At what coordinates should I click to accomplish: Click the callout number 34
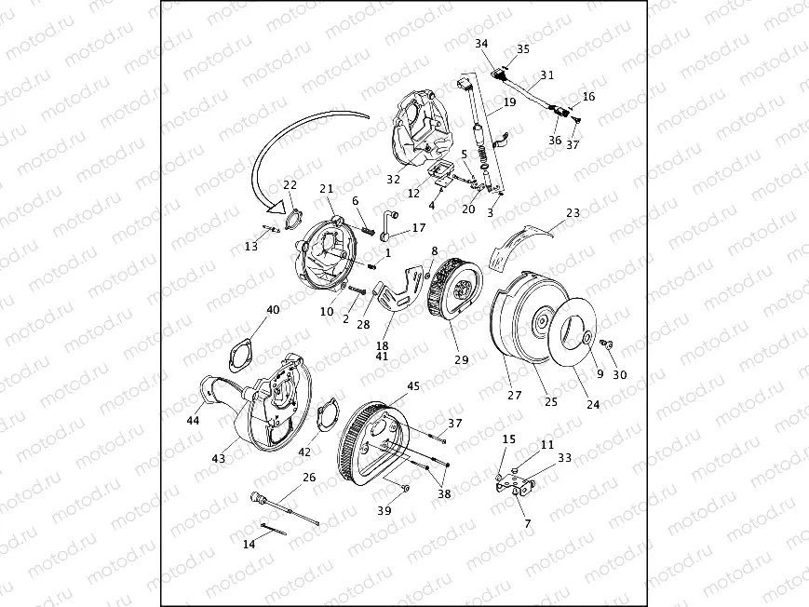click(480, 44)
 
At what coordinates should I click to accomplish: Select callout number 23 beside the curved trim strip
click(573, 212)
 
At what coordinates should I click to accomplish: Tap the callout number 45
click(413, 385)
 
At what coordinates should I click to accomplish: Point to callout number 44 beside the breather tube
click(193, 421)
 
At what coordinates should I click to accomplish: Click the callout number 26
click(309, 477)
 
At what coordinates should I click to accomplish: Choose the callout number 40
click(273, 309)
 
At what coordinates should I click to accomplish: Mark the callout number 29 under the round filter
click(459, 358)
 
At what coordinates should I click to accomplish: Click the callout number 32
click(394, 179)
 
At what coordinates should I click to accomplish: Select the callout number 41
click(383, 356)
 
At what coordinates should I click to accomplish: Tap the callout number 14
click(249, 544)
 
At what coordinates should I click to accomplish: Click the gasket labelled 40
click(244, 351)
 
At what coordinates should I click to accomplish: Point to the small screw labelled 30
click(605, 344)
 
